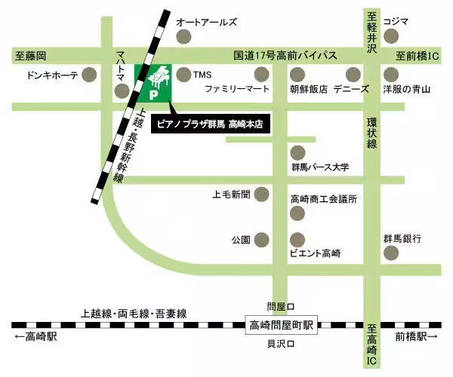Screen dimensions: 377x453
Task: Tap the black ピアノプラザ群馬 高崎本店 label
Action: pyautogui.click(x=210, y=122)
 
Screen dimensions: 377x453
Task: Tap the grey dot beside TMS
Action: pyautogui.click(x=183, y=74)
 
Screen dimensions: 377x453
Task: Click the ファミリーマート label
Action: pyautogui.click(x=237, y=89)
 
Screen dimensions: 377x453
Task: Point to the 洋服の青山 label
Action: pyautogui.click(x=405, y=89)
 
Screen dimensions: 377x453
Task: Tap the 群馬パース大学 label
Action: pyautogui.click(x=319, y=167)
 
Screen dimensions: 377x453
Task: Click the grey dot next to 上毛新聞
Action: pyautogui.click(x=261, y=195)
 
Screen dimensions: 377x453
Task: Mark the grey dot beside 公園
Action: pyautogui.click(x=261, y=240)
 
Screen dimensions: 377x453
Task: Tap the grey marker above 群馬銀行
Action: pyautogui.click(x=392, y=254)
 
